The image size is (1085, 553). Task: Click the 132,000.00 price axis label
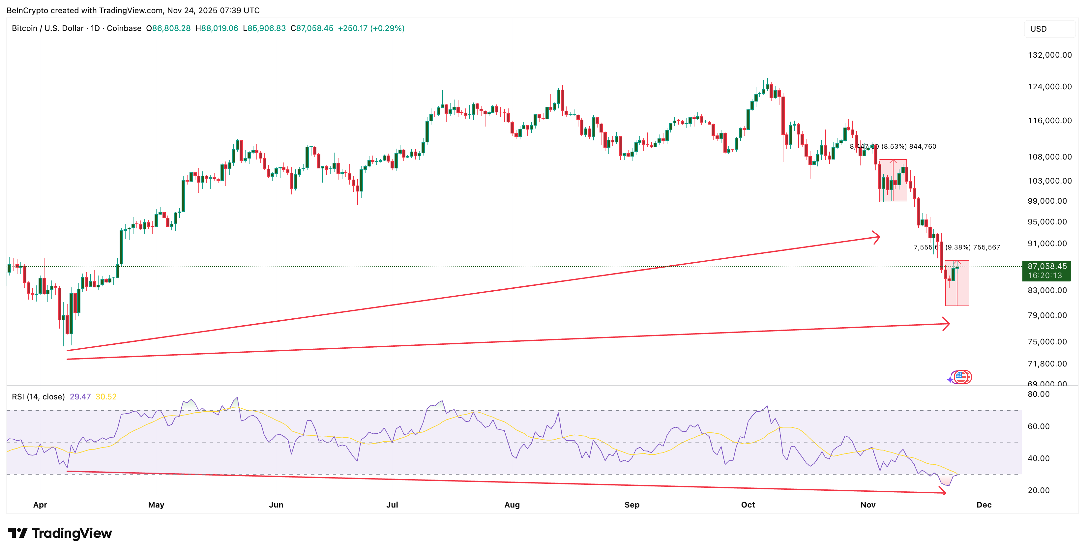[1050, 55]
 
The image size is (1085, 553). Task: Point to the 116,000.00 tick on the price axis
[1050, 121]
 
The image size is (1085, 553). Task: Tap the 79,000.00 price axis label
[1047, 315]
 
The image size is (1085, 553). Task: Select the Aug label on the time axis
[512, 505]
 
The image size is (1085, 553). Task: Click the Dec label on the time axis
[983, 505]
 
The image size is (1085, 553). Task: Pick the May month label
[156, 505]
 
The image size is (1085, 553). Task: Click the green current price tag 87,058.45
[1047, 267]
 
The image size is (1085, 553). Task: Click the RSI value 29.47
[80, 397]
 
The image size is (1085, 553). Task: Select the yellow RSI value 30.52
[106, 397]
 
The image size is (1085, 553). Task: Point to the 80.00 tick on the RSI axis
[1038, 394]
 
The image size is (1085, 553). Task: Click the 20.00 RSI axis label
[1038, 490]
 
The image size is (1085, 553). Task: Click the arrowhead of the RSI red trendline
[943, 491]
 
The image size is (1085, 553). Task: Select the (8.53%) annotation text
[894, 147]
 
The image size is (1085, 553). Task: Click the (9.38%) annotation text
[958, 247]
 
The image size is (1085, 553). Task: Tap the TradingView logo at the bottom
[60, 533]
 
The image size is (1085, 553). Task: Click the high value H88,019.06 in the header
[217, 28]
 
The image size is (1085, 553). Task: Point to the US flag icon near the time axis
[961, 377]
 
